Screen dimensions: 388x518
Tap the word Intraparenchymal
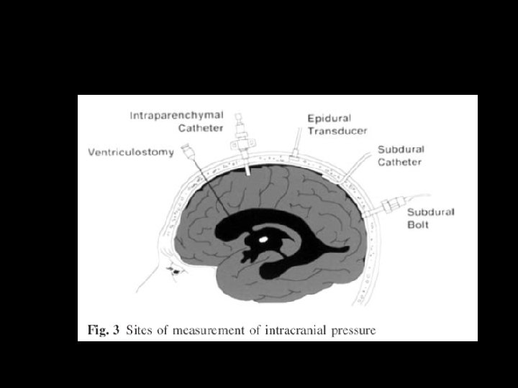click(x=176, y=115)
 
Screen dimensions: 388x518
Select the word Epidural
click(x=327, y=118)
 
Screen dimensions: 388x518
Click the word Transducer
click(x=337, y=131)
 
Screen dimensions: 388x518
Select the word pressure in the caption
click(x=352, y=331)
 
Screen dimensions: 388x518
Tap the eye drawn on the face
click(x=175, y=271)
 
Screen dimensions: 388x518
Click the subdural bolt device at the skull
click(x=386, y=208)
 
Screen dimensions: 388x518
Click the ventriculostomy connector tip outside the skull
click(x=189, y=151)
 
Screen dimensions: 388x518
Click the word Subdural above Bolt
click(x=427, y=212)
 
